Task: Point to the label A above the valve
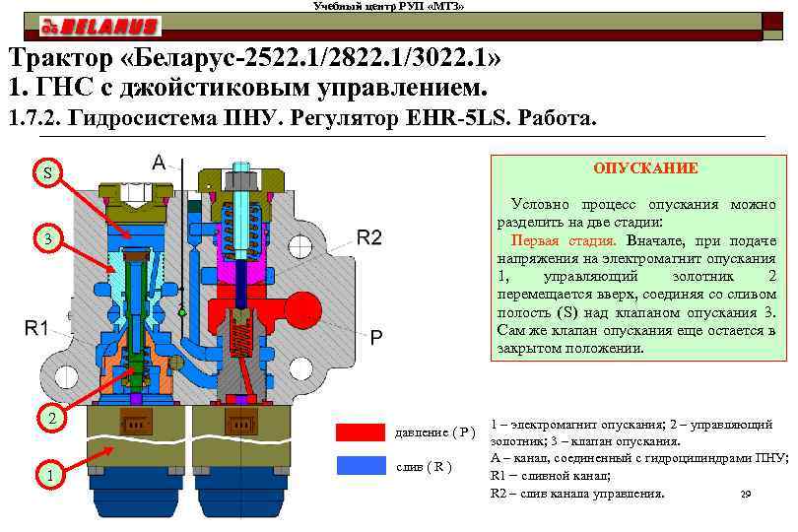pos(159,163)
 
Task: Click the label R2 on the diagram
pos(369,236)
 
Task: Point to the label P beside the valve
pos(376,337)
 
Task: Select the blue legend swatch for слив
pos(361,465)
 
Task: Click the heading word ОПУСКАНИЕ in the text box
pos(645,168)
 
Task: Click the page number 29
pos(745,493)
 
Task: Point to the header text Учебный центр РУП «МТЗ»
pos(388,7)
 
